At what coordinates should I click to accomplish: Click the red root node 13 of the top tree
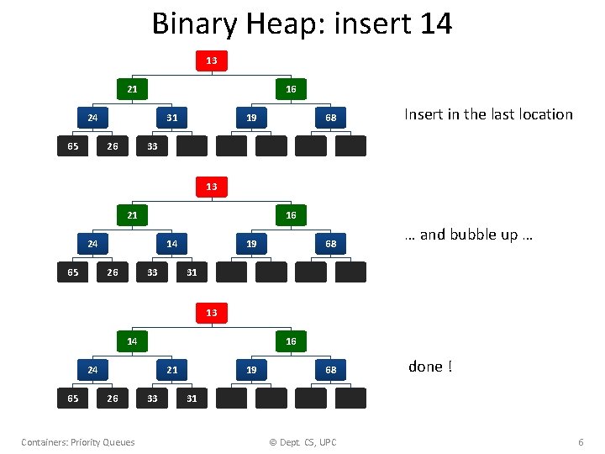coord(211,61)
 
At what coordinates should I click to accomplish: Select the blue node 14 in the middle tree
coord(171,244)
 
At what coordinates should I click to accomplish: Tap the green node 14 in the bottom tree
coord(132,341)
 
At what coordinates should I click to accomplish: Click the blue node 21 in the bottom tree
coord(171,370)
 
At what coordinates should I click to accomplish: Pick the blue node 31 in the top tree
coord(171,118)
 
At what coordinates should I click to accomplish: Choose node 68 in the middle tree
coord(331,244)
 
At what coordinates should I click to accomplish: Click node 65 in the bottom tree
coord(72,399)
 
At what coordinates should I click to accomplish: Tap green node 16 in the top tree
coord(291,89)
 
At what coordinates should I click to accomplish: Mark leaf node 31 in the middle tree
coord(192,272)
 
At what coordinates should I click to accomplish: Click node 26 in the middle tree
coord(113,272)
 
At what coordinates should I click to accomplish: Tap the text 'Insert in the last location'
coord(488,114)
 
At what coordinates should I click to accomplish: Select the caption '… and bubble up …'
coord(468,235)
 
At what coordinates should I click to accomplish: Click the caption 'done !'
coord(430,367)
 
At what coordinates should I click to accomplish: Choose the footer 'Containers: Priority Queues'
coord(78,442)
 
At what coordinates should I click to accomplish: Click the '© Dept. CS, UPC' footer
coord(302,442)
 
